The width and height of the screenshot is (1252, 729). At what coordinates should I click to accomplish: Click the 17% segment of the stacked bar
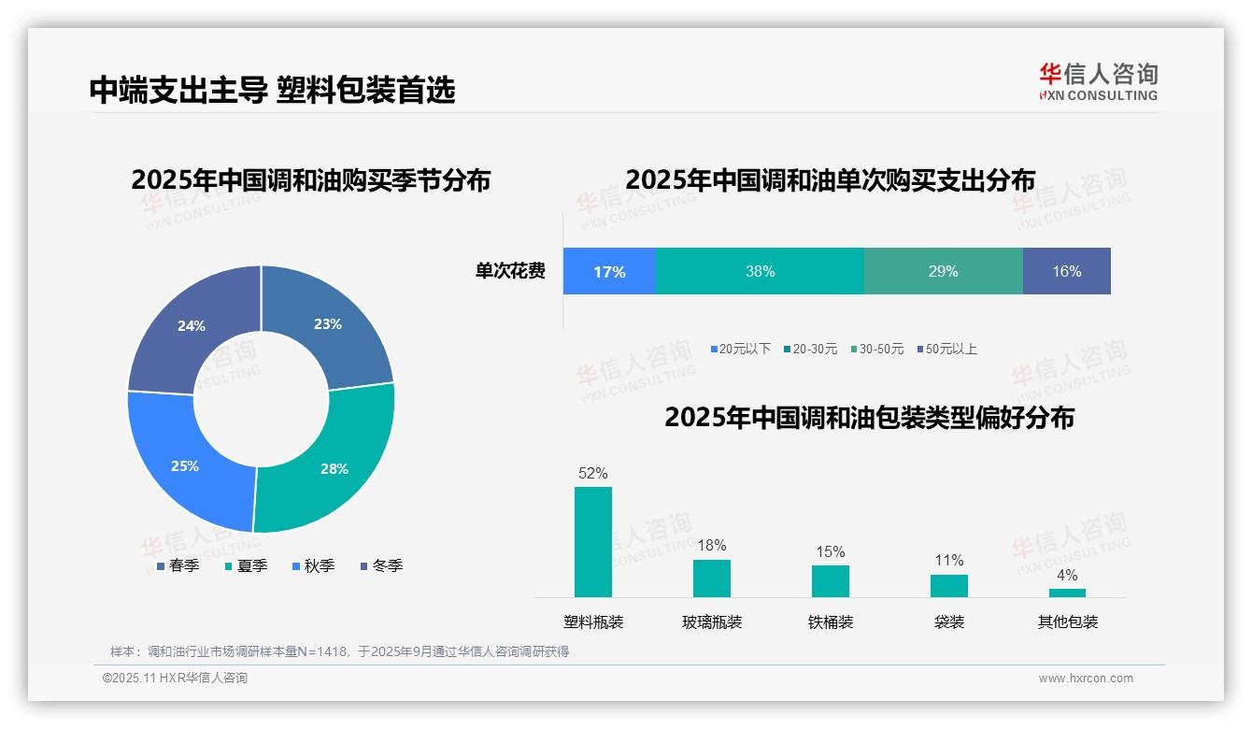point(609,271)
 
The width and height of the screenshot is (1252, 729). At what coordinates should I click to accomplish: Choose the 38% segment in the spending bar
point(760,271)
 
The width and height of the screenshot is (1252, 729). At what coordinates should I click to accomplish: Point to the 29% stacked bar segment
point(943,271)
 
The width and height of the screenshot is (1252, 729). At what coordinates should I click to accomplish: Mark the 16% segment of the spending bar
point(1066,271)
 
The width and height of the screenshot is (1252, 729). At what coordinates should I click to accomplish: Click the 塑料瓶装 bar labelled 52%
point(593,542)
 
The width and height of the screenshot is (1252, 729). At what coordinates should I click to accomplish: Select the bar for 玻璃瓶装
point(712,579)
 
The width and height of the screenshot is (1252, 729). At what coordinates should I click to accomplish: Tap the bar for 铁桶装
point(831,581)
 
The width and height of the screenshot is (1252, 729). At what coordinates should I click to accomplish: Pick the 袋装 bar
point(949,586)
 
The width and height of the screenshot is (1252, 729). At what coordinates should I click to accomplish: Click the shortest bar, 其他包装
point(1067,593)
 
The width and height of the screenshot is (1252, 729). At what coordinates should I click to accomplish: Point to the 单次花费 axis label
point(510,272)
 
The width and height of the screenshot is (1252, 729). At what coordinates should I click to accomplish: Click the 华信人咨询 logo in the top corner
point(1098,81)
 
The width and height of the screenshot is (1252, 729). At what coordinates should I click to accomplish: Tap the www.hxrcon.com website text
point(1086,679)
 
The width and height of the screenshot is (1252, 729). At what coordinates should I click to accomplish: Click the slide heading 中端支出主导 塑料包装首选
point(272,90)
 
